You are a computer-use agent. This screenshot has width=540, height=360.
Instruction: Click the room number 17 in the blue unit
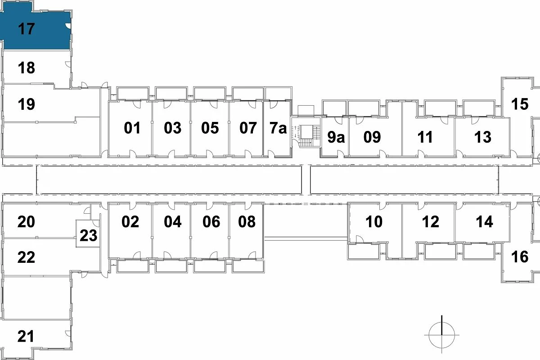click(26, 29)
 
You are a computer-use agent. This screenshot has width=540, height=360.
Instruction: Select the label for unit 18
click(26, 68)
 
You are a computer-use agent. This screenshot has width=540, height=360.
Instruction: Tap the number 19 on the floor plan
click(26, 104)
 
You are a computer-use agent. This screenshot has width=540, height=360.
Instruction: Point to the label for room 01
click(132, 128)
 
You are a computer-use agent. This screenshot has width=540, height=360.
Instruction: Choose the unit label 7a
click(278, 128)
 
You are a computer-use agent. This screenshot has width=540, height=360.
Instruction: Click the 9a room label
click(336, 137)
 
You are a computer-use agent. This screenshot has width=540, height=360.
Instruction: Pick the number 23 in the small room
click(89, 235)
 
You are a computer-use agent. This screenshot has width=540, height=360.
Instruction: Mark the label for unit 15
click(520, 104)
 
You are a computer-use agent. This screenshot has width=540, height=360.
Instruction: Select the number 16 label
click(520, 257)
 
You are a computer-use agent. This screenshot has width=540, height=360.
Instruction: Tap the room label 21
click(26, 336)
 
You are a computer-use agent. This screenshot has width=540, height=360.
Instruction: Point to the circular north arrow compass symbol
click(441, 335)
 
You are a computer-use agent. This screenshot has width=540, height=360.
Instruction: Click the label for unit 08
click(247, 221)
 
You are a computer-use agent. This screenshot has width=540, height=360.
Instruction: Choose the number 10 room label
click(374, 221)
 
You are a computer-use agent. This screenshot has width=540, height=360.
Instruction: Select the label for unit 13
click(482, 137)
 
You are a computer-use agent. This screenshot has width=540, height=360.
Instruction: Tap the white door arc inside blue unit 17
click(68, 26)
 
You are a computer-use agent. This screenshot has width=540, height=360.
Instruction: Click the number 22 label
click(26, 257)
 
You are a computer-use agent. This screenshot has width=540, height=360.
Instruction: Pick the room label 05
click(210, 128)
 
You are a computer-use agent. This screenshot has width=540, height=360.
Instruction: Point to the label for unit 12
click(431, 221)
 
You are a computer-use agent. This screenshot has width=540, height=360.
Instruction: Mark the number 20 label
click(26, 221)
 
